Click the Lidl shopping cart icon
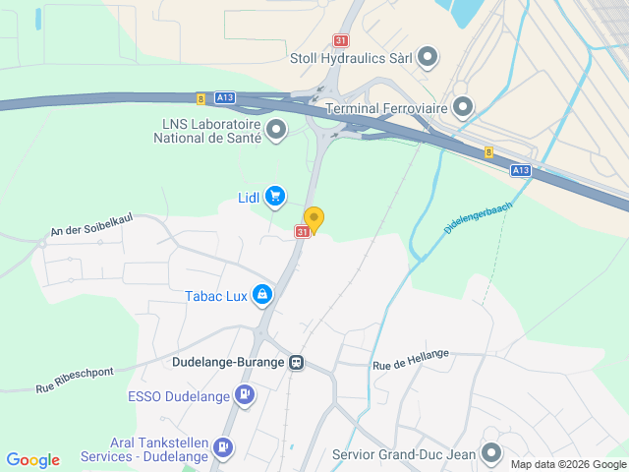point(275,197)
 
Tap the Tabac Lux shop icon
point(262,294)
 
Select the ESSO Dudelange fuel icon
point(245,397)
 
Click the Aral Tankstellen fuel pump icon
point(224,447)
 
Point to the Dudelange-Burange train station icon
point(296,362)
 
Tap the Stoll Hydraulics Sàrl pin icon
point(428,57)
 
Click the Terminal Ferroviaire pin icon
point(463,106)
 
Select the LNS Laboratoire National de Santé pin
point(276,129)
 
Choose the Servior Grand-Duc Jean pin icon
point(491,453)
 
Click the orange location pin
point(314,219)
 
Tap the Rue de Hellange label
point(411,360)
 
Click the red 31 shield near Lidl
point(303,231)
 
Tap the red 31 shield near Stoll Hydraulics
point(340,40)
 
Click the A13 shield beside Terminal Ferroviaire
point(521,169)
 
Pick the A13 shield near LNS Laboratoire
point(224,96)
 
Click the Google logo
point(33,460)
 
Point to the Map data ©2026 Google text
point(567,464)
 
